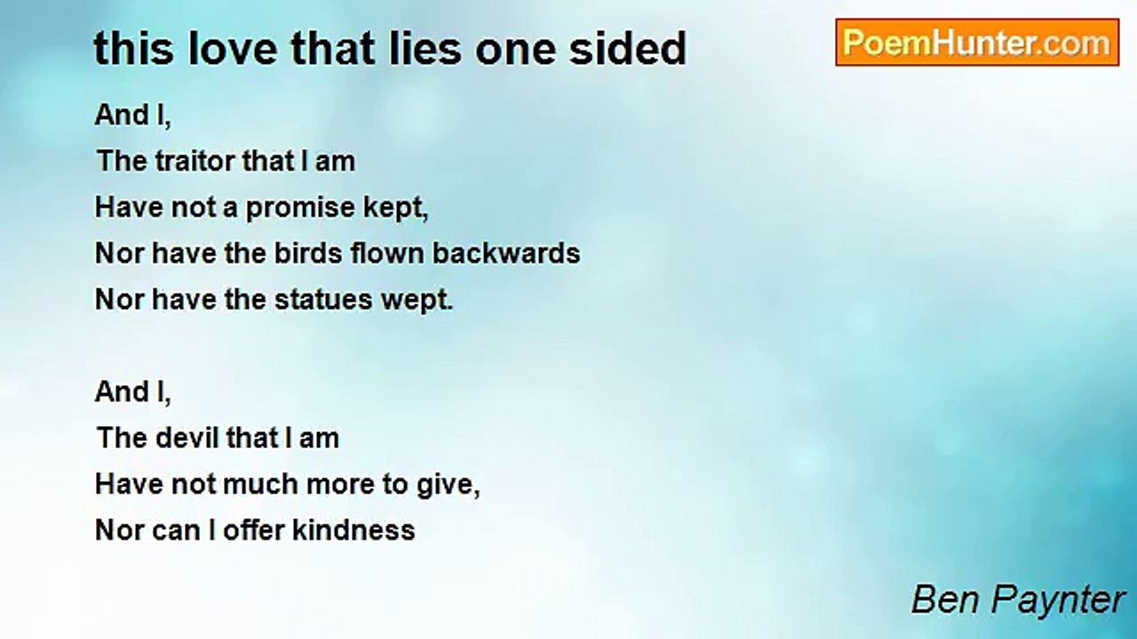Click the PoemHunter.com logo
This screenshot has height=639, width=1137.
pyautogui.click(x=977, y=43)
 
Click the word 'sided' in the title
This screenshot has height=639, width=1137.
pyautogui.click(x=627, y=49)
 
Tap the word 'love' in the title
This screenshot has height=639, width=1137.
pyautogui.click(x=233, y=49)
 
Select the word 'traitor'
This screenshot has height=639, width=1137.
pyautogui.click(x=195, y=162)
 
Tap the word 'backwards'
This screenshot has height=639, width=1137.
pyautogui.click(x=506, y=253)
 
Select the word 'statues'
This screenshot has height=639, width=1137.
pyautogui.click(x=323, y=300)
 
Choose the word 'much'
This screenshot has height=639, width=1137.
pyautogui.click(x=260, y=485)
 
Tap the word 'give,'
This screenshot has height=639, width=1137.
pyautogui.click(x=449, y=485)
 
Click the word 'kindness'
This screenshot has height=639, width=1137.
pyautogui.click(x=354, y=531)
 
